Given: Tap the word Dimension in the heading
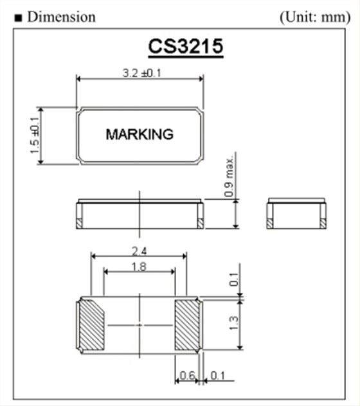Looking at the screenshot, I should [x=62, y=17].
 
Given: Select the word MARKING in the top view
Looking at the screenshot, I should [x=139, y=135].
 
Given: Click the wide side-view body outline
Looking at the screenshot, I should [x=139, y=215].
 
